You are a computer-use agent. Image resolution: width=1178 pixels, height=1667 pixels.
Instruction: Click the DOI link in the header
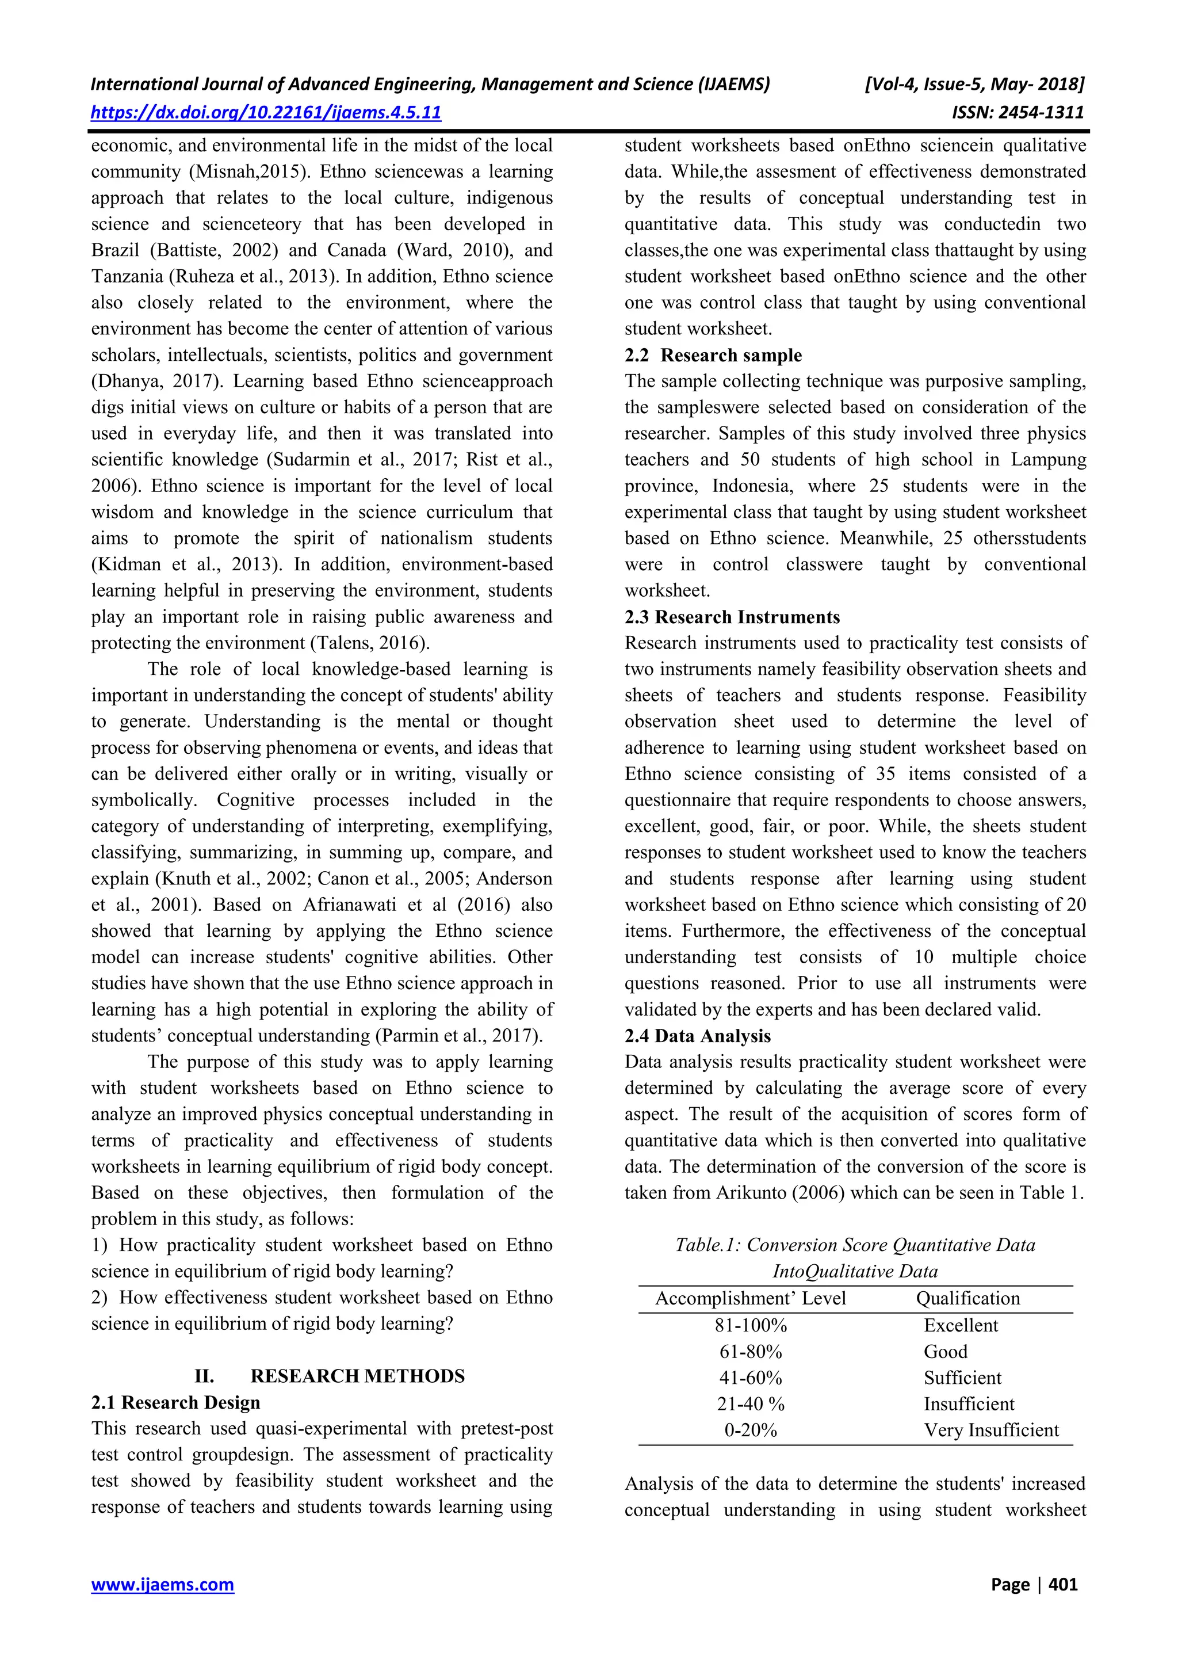266,113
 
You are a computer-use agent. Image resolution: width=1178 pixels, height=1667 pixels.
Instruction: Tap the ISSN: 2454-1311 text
1018,113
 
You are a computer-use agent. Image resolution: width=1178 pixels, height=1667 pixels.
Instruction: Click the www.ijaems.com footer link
163,1584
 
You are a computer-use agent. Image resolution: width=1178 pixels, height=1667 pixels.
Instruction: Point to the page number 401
1064,1584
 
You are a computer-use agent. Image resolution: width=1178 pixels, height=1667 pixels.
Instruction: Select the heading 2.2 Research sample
713,355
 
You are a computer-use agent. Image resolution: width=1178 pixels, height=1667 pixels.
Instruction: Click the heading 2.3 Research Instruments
732,617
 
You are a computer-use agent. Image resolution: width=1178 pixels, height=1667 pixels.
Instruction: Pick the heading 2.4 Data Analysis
698,1036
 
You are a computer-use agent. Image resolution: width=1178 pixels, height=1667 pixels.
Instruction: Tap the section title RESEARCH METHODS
357,1376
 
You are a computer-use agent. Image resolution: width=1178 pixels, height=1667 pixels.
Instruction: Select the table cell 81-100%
751,1325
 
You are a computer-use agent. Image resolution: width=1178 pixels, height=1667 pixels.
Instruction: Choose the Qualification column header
967,1298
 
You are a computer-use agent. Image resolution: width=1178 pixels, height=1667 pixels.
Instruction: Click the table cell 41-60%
751,1378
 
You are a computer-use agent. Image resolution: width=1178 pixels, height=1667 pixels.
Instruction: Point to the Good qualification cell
945,1351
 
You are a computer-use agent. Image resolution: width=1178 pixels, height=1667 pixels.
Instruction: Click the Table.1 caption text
855,1245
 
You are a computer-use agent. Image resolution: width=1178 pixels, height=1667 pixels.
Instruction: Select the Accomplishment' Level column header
751,1298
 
